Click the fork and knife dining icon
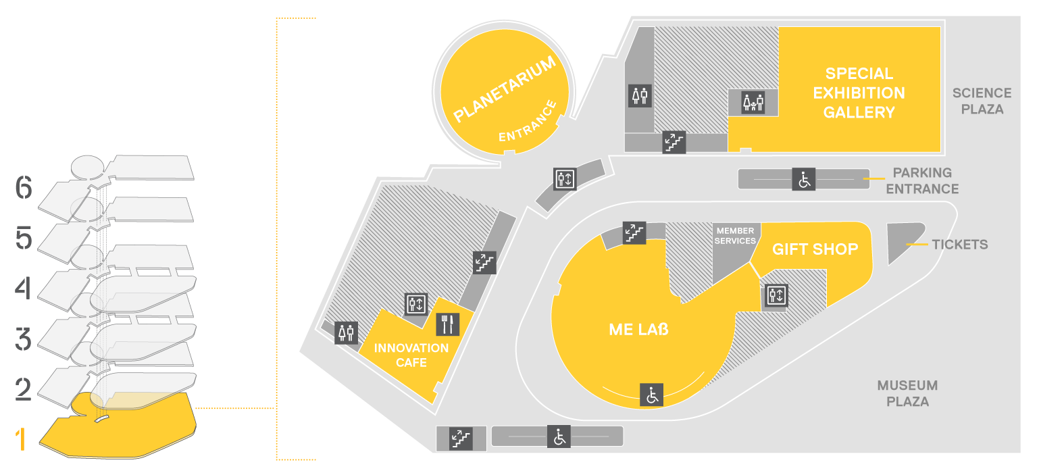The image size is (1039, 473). [x=448, y=324]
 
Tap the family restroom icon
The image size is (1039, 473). [x=753, y=102]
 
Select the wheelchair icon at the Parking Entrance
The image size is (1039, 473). [x=804, y=179]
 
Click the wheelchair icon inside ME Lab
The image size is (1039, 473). [x=651, y=395]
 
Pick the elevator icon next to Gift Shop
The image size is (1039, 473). [x=776, y=295]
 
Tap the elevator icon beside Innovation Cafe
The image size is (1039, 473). [x=415, y=304]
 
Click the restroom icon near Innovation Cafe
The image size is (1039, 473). [x=347, y=332]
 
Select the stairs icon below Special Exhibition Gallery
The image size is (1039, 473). [x=674, y=142]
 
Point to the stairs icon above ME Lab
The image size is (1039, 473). [x=634, y=233]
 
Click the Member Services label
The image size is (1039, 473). [x=735, y=236]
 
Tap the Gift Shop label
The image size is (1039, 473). [x=815, y=249]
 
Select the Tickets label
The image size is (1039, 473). [x=960, y=245]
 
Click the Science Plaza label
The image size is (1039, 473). [x=982, y=101]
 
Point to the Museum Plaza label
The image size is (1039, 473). [x=907, y=393]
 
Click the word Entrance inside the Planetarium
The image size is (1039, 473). [x=528, y=122]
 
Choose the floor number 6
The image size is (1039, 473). [x=24, y=188]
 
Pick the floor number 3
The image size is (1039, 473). [x=23, y=339]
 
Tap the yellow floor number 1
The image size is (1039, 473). [x=20, y=439]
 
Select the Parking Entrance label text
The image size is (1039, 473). [x=922, y=181]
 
